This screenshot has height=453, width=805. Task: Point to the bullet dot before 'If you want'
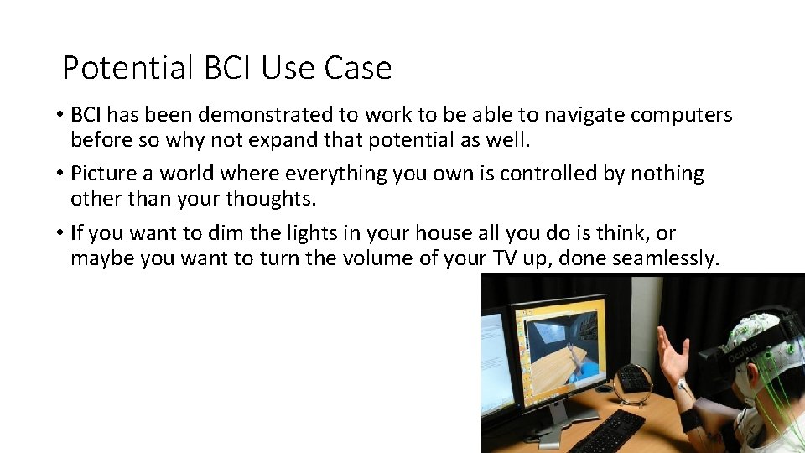(x=60, y=233)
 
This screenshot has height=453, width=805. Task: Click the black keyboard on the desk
(x=610, y=431)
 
